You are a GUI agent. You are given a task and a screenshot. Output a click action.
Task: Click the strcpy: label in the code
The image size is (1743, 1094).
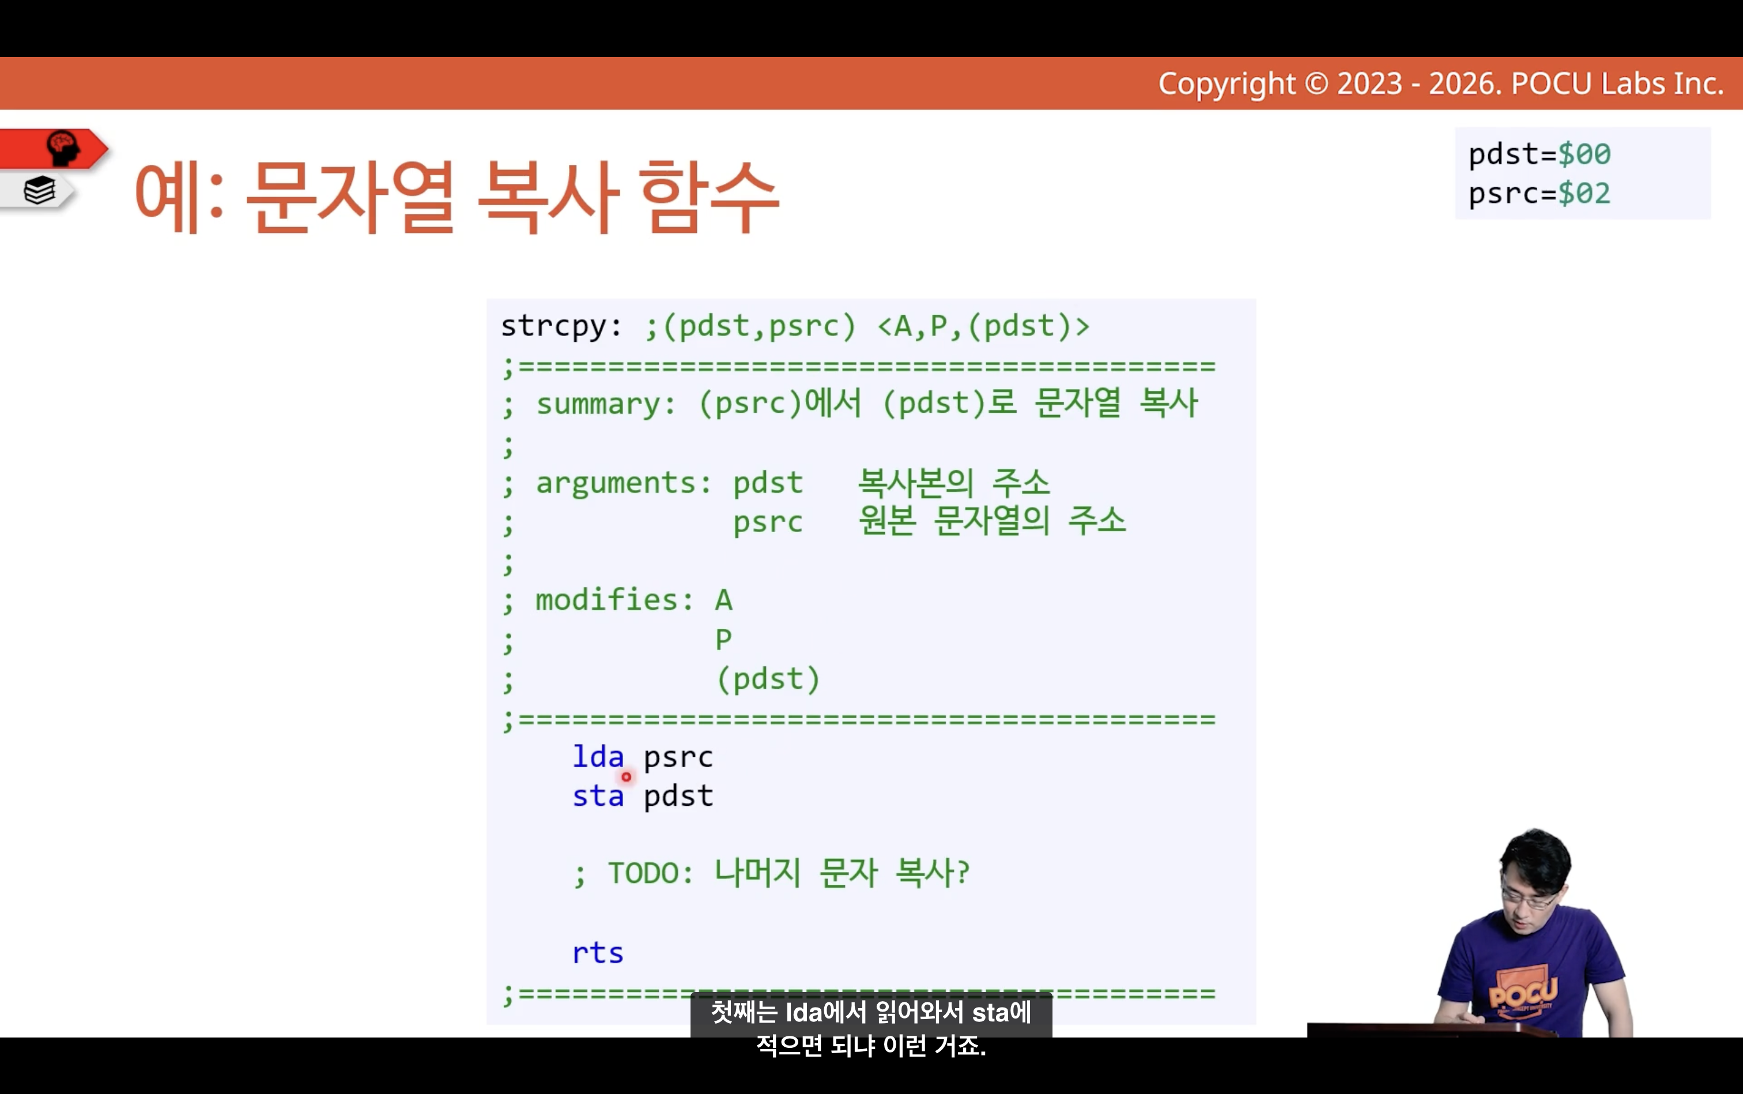(x=561, y=326)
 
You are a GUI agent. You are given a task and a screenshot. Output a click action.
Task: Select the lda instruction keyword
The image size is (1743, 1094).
(x=598, y=756)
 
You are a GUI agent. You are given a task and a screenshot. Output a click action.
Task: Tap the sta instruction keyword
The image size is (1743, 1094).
(x=598, y=796)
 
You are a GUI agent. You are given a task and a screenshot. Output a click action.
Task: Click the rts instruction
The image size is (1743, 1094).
(x=598, y=953)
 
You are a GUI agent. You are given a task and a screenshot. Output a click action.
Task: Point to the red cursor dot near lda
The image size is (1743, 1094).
(x=626, y=776)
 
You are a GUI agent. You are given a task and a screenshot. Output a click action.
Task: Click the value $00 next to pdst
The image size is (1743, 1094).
(x=1584, y=154)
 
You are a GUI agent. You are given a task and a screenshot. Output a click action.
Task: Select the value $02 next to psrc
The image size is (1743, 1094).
(x=1584, y=193)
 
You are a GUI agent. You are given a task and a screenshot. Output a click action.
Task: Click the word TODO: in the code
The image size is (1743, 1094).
(x=650, y=873)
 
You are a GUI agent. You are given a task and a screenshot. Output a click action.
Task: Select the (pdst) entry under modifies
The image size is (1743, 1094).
(x=768, y=678)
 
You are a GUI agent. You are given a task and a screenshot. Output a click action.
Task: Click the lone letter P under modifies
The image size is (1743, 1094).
(x=723, y=639)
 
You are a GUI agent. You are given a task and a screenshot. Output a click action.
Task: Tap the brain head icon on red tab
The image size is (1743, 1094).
(x=63, y=148)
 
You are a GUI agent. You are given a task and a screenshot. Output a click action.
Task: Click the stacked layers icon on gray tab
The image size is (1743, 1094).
(x=40, y=191)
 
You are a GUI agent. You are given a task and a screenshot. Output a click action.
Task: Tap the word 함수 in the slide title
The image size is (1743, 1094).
(x=708, y=197)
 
